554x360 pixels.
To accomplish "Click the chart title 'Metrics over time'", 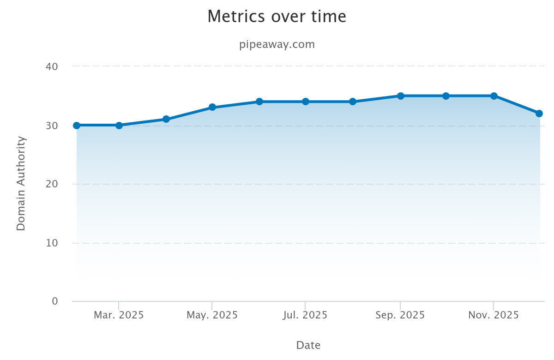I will pos(277,17).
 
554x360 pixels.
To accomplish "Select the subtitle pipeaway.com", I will pos(277,45).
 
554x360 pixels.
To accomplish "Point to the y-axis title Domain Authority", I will pos(21,183).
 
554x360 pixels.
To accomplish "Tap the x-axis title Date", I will pos(308,345).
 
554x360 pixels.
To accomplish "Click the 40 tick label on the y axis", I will pos(52,66).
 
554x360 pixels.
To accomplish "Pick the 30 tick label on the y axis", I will pos(52,126).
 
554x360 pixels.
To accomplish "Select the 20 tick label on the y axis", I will pos(52,184).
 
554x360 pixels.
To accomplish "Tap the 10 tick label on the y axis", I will pos(52,243).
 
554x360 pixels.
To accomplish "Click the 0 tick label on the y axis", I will pos(55,301).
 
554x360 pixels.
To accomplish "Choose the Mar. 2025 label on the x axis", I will pos(119,315).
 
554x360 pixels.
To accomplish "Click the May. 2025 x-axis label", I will pos(212,315).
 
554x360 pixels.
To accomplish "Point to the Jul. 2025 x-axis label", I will pos(305,315).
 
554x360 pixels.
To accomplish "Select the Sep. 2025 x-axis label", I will pos(400,315).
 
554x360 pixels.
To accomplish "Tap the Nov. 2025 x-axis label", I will pos(494,315).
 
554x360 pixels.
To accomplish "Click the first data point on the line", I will pos(77,125).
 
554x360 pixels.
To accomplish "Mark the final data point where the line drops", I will pos(539,114).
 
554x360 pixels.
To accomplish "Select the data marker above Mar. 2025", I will pos(119,125).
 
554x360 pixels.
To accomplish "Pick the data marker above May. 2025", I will pos(212,108).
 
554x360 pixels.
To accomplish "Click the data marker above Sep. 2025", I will pos(401,96).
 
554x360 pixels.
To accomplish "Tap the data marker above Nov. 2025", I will pos(494,96).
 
